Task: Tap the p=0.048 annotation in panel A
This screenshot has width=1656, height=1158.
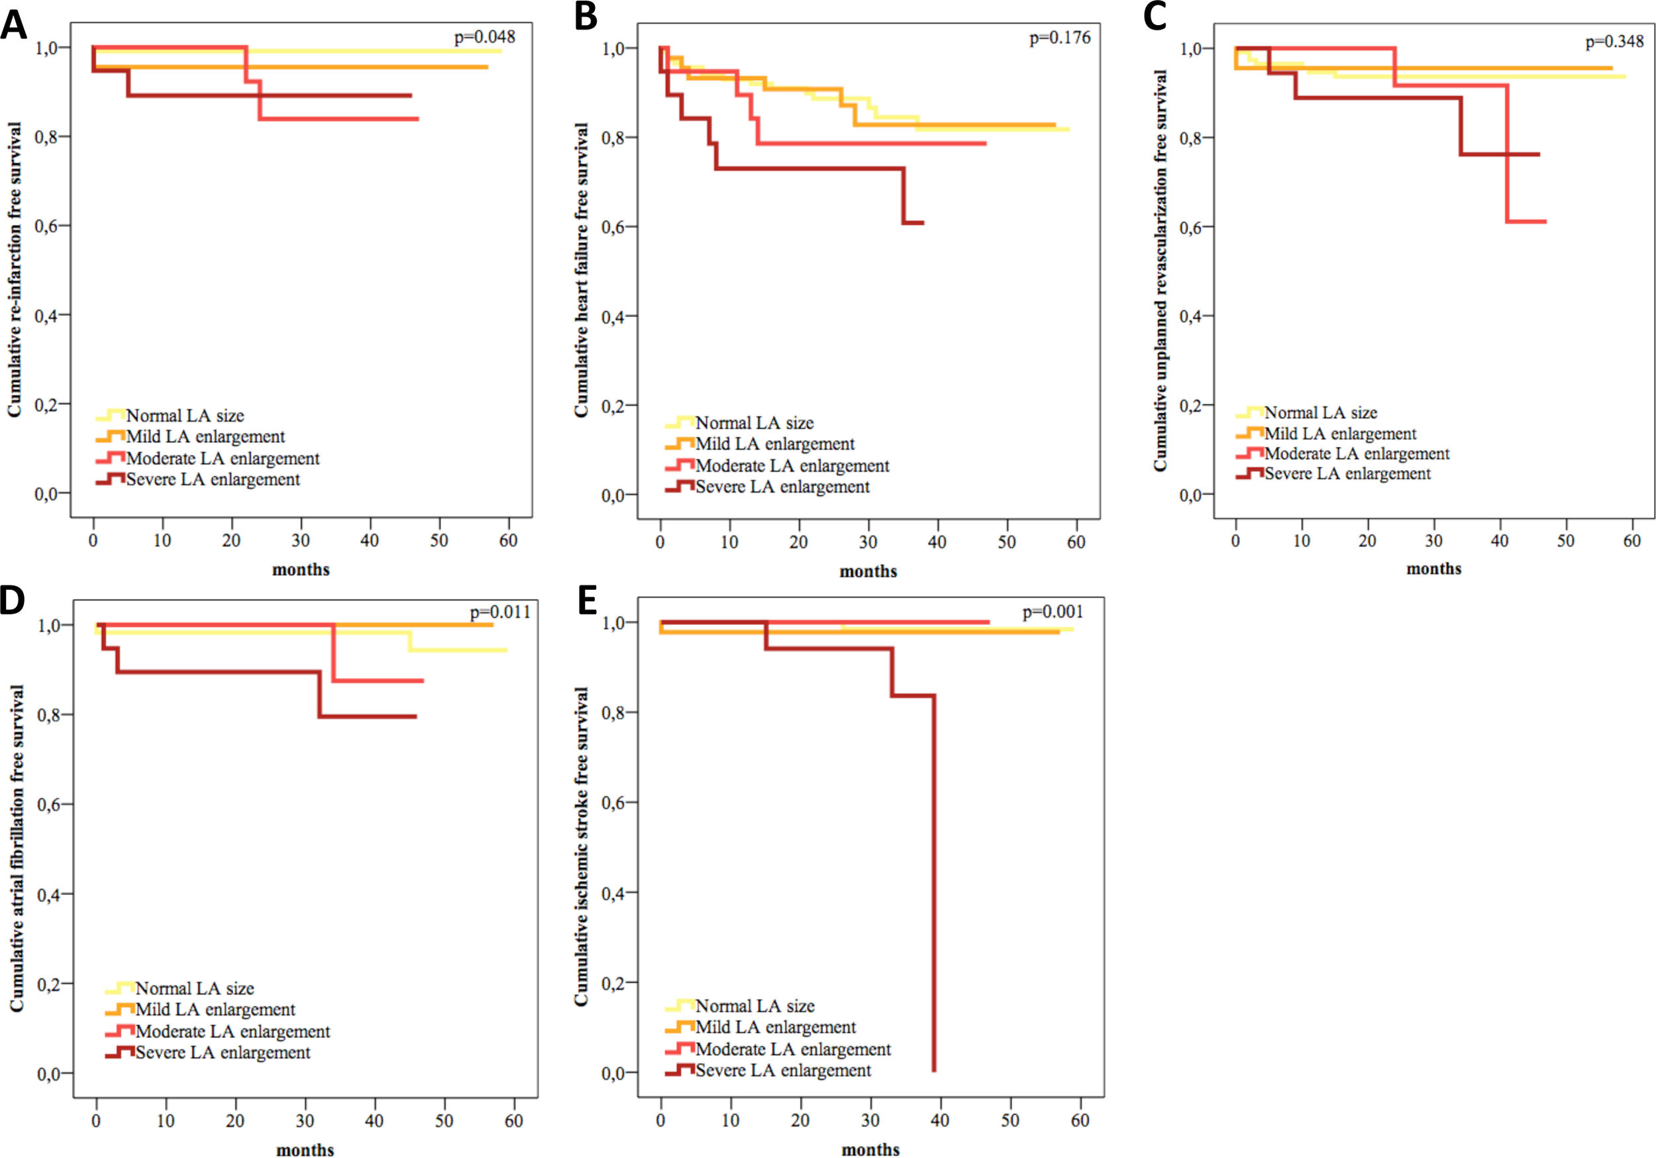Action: [x=485, y=37]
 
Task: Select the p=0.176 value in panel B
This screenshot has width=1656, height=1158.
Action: [x=1060, y=38]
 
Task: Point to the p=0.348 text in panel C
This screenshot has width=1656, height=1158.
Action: [x=1614, y=42]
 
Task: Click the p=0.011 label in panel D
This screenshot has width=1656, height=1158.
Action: [x=500, y=613]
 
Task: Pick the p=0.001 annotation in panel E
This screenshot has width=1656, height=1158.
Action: [x=1053, y=612]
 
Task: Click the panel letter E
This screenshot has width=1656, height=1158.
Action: [x=587, y=601]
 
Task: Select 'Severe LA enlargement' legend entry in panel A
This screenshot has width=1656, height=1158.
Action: [x=213, y=479]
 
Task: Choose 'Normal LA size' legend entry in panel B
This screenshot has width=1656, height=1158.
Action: [x=754, y=423]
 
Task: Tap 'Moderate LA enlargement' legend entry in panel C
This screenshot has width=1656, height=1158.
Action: [x=1357, y=454]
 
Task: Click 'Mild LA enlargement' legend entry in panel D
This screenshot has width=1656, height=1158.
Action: [x=215, y=1010]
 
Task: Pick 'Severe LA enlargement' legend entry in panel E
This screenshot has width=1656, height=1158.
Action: [x=783, y=1071]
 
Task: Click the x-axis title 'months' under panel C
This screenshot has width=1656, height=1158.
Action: [x=1434, y=569]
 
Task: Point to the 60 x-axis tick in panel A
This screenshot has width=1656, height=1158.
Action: [x=509, y=541]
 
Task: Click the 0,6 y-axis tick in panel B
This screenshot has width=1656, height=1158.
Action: [x=613, y=226]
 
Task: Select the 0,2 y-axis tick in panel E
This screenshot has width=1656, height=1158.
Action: [x=613, y=983]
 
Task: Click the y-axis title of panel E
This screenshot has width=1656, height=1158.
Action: [x=582, y=847]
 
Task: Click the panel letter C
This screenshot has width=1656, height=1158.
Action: [x=1155, y=17]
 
